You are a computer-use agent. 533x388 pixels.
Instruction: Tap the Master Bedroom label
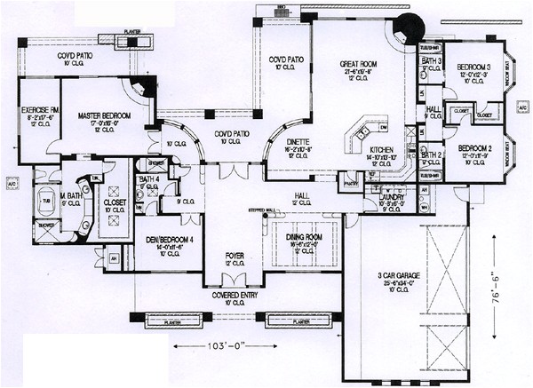point(104,116)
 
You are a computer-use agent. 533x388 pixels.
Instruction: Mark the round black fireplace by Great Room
point(410,26)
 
